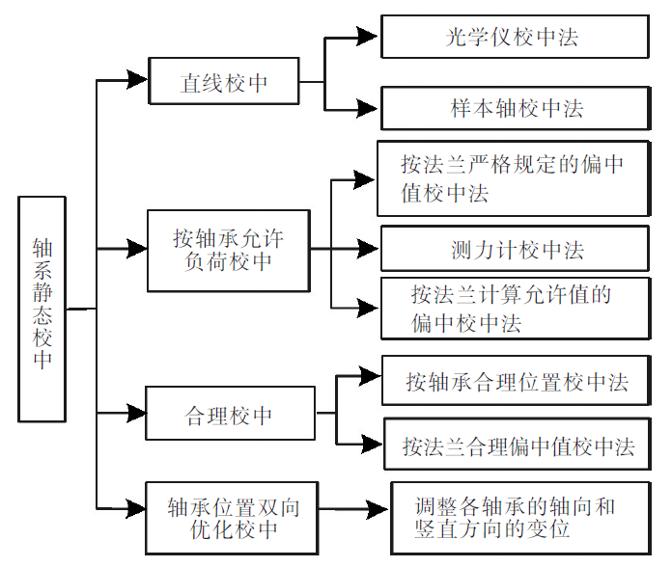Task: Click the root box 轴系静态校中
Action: pyautogui.click(x=42, y=309)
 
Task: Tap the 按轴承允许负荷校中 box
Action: pyautogui.click(x=228, y=250)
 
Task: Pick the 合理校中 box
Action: pyautogui.click(x=229, y=416)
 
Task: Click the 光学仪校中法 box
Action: pyautogui.click(x=514, y=37)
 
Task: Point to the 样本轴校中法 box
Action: pyautogui.click(x=514, y=108)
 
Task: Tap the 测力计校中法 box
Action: pyautogui.click(x=514, y=250)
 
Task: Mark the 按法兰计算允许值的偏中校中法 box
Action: pyautogui.click(x=514, y=309)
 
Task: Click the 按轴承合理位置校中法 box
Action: pyautogui.click(x=516, y=381)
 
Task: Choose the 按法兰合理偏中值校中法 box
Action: pyautogui.click(x=517, y=445)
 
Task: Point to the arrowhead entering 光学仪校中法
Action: pyautogui.click(x=367, y=37)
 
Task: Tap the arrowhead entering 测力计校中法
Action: pyautogui.click(x=367, y=249)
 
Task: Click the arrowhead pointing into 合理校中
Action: pyautogui.click(x=135, y=415)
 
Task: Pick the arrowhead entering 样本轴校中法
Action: pyautogui.click(x=367, y=109)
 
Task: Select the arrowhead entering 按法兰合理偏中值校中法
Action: pyautogui.click(x=371, y=444)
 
